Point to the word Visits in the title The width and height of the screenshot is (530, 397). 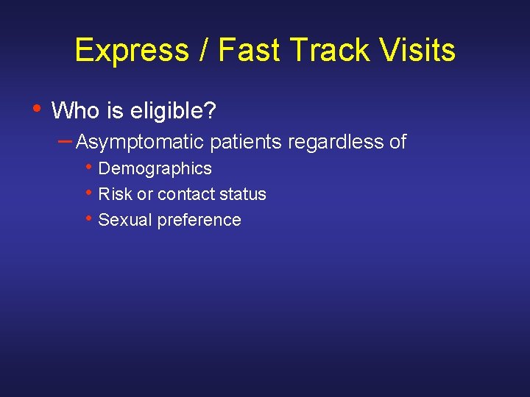[x=419, y=51]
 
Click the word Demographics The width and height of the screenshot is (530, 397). [x=155, y=169]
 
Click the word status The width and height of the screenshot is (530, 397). [x=243, y=195]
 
